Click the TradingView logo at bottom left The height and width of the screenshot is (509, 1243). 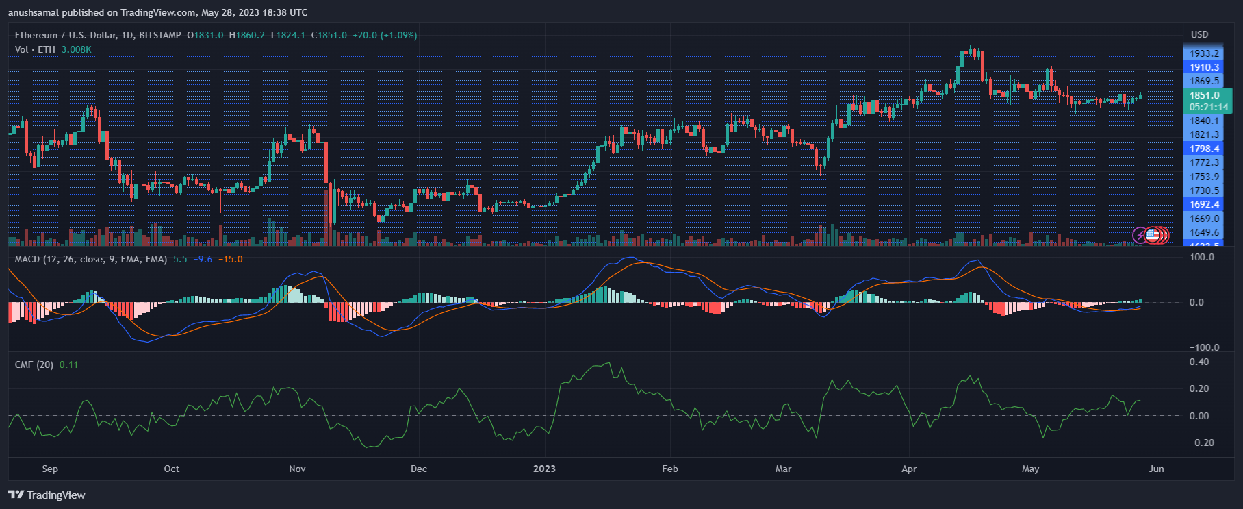[47, 495]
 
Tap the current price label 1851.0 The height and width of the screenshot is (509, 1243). [1204, 95]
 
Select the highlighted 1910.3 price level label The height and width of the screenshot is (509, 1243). [1204, 67]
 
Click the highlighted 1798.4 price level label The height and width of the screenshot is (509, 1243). [1204, 149]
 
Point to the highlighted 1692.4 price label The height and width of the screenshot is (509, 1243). [1204, 204]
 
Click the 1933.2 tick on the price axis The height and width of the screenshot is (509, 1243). [1204, 53]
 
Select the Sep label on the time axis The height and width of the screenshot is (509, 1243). [50, 469]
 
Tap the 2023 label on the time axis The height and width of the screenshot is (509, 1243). [544, 469]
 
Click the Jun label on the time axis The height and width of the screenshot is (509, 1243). [1156, 469]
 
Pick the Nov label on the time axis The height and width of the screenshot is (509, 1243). [297, 469]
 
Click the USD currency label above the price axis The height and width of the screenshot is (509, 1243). [1199, 34]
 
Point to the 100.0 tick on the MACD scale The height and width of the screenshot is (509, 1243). [1202, 257]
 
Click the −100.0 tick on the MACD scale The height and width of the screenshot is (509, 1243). [1202, 347]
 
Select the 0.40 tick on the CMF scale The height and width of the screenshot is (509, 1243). [1199, 362]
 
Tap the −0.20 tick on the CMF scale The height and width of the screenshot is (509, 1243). [1202, 443]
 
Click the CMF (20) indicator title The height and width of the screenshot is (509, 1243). [34, 364]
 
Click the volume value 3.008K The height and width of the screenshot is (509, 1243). [76, 49]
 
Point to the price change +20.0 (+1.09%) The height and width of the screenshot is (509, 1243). [385, 35]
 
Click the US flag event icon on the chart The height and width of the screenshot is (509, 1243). [1153, 236]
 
